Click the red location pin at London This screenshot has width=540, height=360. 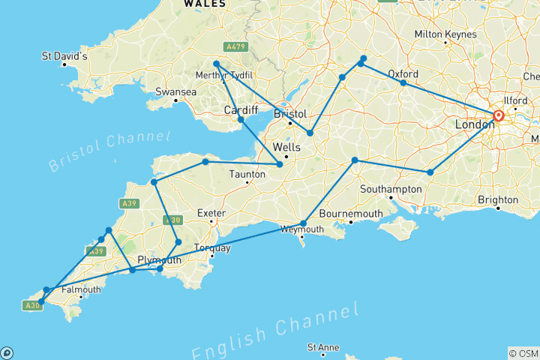point(498,116)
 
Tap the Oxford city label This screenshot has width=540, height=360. point(403,73)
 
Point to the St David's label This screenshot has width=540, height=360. point(65,56)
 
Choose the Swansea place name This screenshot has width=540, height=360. point(175,92)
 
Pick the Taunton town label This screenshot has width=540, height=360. point(248,174)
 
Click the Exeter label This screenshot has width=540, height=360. point(211,213)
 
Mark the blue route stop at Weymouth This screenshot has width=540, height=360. point(303,223)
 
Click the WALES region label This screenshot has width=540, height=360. point(204,4)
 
